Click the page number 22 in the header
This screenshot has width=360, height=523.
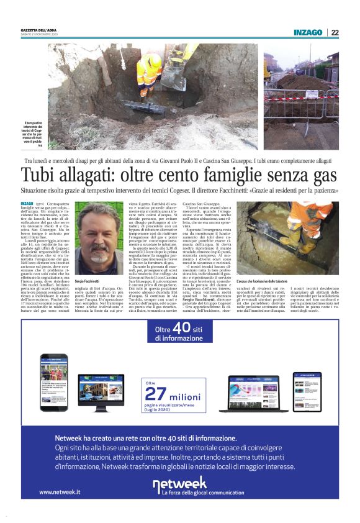[x=335, y=33]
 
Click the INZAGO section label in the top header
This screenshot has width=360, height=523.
[x=308, y=33]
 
